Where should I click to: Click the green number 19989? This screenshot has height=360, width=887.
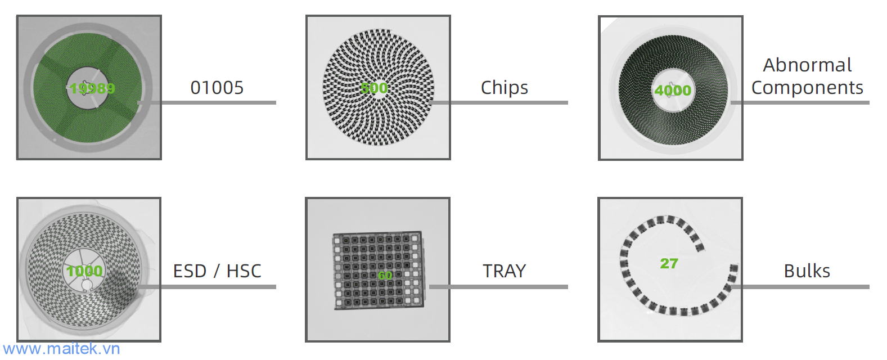click(x=92, y=88)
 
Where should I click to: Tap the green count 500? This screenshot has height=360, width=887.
click(x=374, y=88)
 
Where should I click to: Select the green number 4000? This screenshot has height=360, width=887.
click(x=673, y=90)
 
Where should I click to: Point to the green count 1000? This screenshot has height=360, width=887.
click(x=84, y=271)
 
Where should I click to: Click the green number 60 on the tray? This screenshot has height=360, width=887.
click(x=385, y=276)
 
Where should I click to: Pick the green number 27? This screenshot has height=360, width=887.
click(x=669, y=263)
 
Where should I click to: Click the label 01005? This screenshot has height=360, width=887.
click(x=217, y=88)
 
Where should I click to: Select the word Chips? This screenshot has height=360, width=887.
click(x=505, y=88)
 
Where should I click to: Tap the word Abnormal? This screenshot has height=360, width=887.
click(x=807, y=65)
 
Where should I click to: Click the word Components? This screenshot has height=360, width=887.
click(x=807, y=88)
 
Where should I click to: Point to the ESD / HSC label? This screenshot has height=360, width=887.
click(x=217, y=271)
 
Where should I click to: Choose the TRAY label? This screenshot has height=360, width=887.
click(x=505, y=271)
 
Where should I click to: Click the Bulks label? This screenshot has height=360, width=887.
click(x=807, y=271)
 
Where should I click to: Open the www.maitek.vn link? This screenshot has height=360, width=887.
click(x=61, y=349)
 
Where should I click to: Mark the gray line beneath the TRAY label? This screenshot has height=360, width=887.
click(x=506, y=287)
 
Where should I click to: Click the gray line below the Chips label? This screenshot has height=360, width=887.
click(x=506, y=102)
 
